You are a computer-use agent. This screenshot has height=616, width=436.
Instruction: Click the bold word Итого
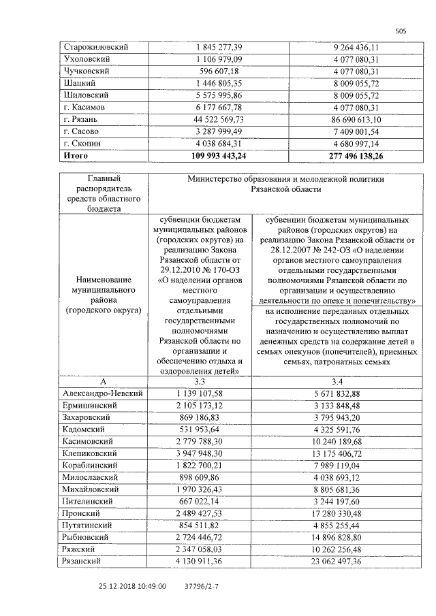(76, 155)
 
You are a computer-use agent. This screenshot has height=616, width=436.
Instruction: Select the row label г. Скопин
(82, 143)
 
